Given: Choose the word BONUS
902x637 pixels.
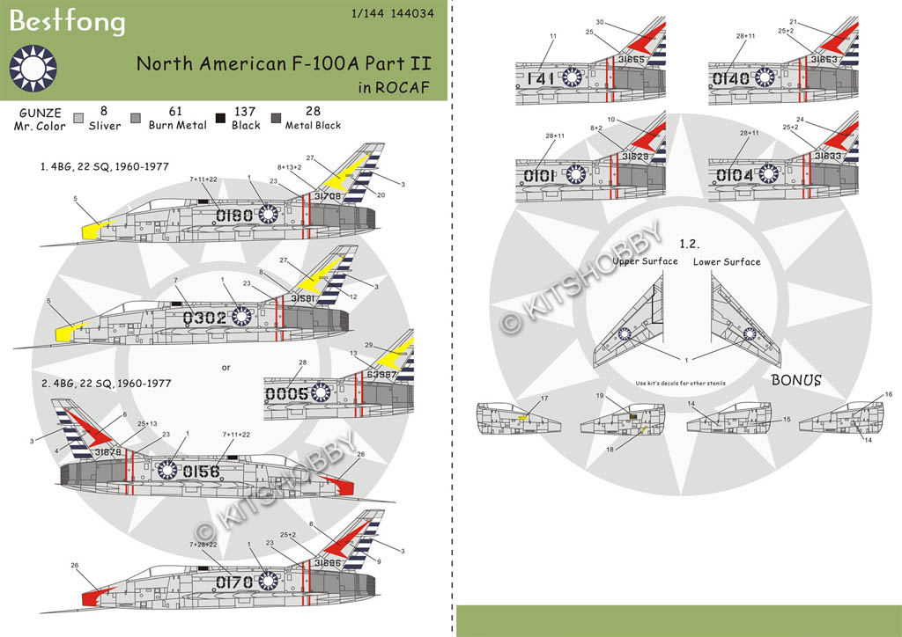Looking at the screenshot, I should (796, 380).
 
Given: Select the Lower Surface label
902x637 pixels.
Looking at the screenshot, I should (727, 261).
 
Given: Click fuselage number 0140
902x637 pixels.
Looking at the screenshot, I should (732, 79).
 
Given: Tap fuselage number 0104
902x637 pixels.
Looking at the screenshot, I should (734, 175).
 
